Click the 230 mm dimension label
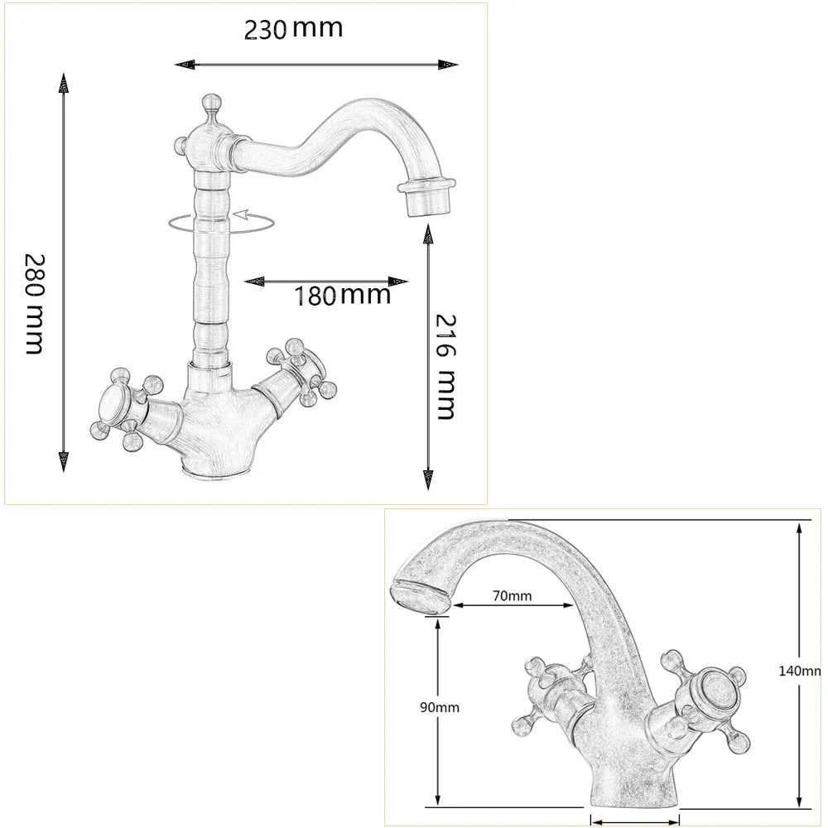(x=293, y=29)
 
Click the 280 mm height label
(x=33, y=303)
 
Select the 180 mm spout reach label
(x=343, y=295)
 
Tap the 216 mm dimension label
(x=446, y=366)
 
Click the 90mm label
(x=439, y=707)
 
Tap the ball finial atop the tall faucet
(x=209, y=104)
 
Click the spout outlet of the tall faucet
(x=426, y=195)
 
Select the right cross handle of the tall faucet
(x=300, y=369)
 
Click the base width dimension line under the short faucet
(x=634, y=820)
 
